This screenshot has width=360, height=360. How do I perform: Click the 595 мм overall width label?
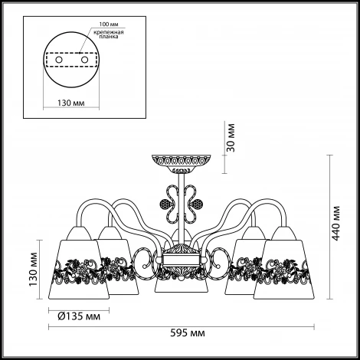[x=188, y=333]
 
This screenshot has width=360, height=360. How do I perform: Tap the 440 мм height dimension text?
[x=336, y=223]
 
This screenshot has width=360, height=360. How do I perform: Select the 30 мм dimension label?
[x=231, y=138]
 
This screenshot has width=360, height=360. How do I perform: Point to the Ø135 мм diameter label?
[x=79, y=316]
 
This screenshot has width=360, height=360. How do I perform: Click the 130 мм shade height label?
[x=33, y=269]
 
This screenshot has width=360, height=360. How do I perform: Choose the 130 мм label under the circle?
[x=71, y=103]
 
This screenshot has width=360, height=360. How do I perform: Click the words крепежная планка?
[x=109, y=34]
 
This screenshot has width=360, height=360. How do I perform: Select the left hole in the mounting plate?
[x=59, y=60]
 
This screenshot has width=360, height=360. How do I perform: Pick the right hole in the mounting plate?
[x=84, y=60]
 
